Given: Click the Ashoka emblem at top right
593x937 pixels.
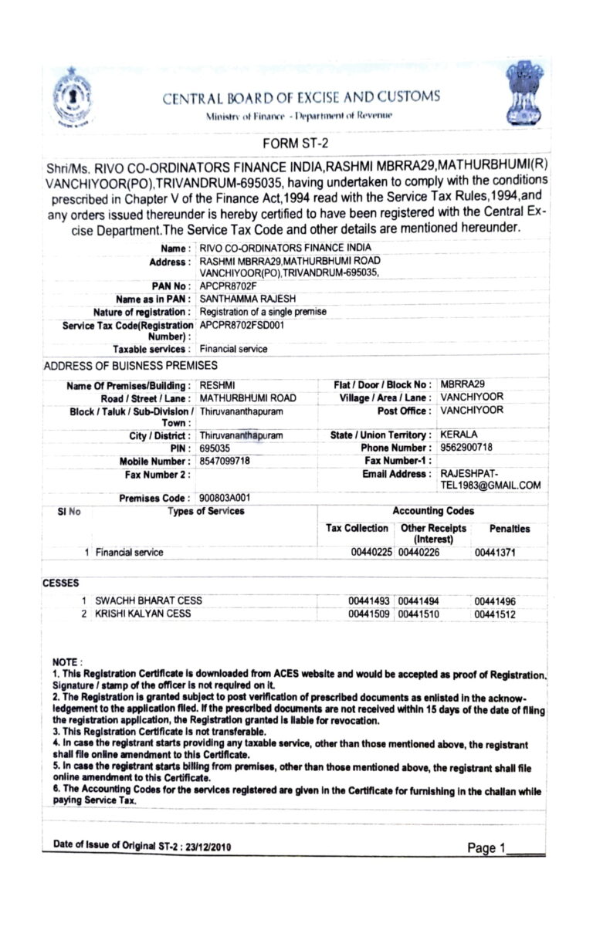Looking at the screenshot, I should [524, 95].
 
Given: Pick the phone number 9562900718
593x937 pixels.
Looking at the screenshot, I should [466, 448].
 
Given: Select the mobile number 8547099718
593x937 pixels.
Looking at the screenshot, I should [225, 461].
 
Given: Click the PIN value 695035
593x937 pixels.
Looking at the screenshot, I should [215, 448].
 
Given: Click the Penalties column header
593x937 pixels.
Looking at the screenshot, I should [510, 529].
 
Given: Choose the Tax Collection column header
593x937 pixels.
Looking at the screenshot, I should [357, 529].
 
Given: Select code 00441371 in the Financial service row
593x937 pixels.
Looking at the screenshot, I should [495, 553].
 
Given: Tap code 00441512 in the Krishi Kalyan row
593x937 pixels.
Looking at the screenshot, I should [495, 614].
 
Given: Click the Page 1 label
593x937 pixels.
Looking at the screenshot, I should [487, 848].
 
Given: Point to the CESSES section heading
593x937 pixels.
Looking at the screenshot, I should [61, 584].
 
